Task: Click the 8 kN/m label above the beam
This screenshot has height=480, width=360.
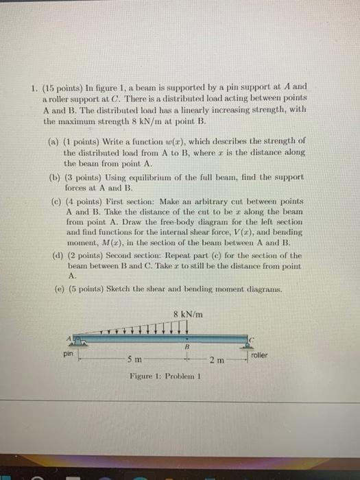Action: click(x=187, y=315)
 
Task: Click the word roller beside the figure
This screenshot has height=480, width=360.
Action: click(x=260, y=355)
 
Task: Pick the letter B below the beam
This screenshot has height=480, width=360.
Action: click(x=185, y=347)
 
